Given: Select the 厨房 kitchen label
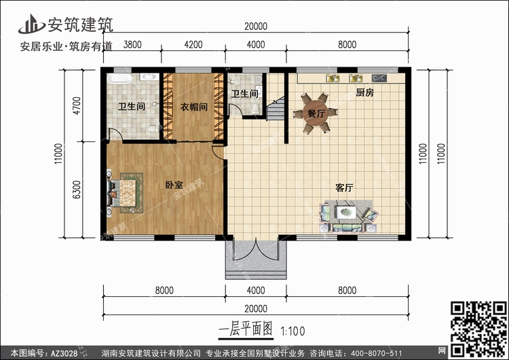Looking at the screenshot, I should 364,94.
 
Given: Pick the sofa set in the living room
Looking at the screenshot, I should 347,215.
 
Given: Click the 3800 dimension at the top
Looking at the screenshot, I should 133,46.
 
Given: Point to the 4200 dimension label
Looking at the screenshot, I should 193,46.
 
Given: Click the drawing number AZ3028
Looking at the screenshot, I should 66,352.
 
